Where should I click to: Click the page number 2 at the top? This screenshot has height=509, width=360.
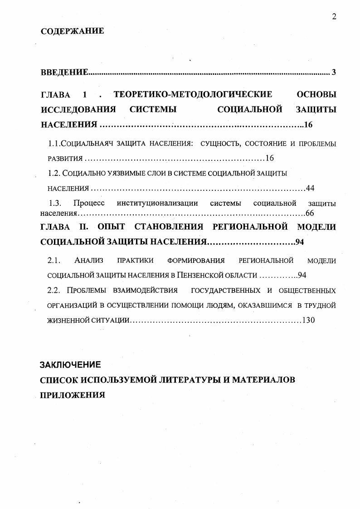(x=334, y=17)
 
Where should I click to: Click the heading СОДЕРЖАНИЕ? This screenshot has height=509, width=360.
(x=72, y=31)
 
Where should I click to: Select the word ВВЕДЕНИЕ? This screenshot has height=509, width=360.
(x=64, y=73)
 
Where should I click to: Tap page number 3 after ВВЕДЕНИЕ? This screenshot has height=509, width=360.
(x=334, y=73)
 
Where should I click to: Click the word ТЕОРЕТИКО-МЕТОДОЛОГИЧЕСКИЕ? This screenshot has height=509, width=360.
(x=193, y=94)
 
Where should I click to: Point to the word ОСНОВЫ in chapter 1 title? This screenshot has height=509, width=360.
(x=316, y=94)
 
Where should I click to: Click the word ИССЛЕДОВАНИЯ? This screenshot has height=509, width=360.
(x=78, y=109)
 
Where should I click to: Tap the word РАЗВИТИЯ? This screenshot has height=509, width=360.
(x=65, y=159)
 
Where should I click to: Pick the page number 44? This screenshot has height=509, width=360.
(x=310, y=188)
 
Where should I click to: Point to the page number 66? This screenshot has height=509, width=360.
(x=310, y=213)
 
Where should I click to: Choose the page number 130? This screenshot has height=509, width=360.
(x=308, y=320)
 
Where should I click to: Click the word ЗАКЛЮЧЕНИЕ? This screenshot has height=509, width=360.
(x=70, y=364)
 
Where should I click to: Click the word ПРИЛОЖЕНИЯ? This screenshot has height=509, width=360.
(x=73, y=394)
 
